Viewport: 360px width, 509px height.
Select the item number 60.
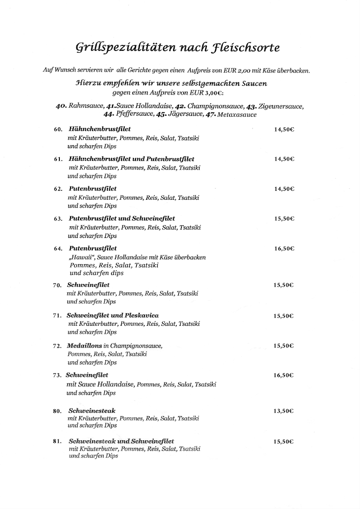tap(58, 130)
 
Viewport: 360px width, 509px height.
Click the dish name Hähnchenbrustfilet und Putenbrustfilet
tap(131, 159)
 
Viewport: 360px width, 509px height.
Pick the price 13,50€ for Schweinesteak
tap(284, 411)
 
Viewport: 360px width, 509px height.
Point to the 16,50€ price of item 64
tap(284, 249)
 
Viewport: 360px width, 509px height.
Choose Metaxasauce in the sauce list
tap(237, 115)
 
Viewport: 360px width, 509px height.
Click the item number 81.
tap(58, 442)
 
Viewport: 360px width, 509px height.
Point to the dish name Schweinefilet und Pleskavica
tap(112, 316)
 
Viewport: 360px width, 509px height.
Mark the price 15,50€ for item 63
tap(284, 219)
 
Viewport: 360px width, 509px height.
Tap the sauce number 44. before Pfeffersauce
tap(108, 115)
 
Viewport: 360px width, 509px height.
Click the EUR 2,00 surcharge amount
tap(241, 70)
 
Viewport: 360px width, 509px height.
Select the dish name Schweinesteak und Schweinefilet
tap(121, 441)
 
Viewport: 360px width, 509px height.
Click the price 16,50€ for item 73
tap(284, 375)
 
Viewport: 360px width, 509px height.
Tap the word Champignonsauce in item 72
tap(136, 346)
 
